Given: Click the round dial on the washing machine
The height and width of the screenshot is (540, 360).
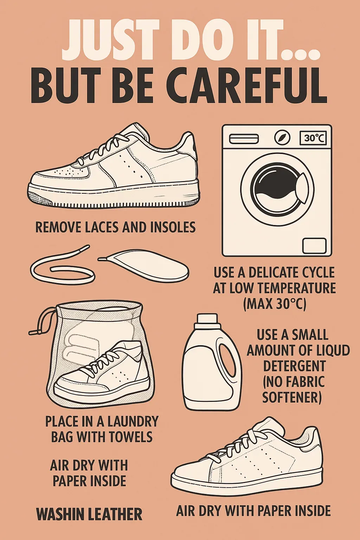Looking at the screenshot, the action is [282, 138].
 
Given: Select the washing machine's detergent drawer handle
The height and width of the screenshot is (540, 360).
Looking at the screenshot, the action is [244, 139].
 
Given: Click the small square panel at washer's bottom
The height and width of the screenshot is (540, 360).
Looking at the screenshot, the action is [314, 246].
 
